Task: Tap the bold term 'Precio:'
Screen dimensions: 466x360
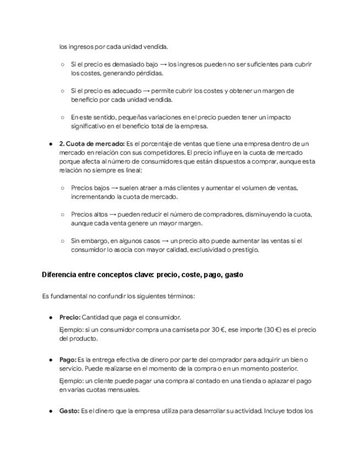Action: [x=70, y=317]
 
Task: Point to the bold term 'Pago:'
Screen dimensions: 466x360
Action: [x=68, y=359]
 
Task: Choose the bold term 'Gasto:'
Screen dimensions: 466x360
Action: [x=69, y=410]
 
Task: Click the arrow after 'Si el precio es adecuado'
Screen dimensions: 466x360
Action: [x=145, y=91]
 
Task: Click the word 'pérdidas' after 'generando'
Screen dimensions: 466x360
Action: [x=147, y=73]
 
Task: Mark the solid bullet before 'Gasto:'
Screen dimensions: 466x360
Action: [x=51, y=410]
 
